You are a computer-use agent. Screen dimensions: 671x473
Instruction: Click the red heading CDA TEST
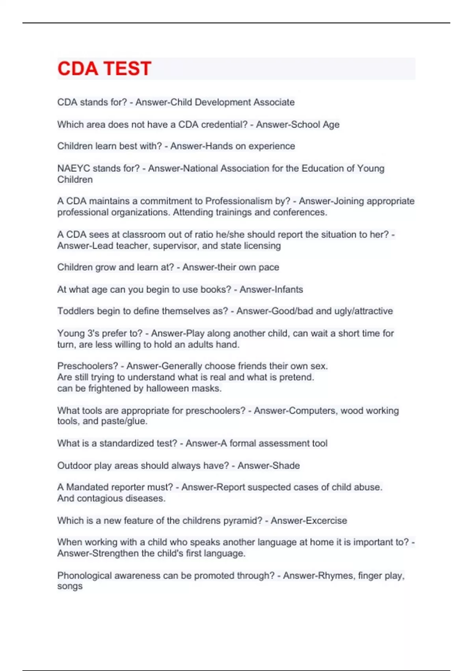coord(104,68)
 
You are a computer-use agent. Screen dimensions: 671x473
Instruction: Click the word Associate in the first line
coord(274,102)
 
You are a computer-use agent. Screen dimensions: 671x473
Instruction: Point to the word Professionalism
coord(239,201)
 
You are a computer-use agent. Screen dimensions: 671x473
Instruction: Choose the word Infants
coord(287,289)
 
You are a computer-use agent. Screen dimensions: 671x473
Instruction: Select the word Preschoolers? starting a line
coord(88,366)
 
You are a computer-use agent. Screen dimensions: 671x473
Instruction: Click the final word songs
coord(70,586)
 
